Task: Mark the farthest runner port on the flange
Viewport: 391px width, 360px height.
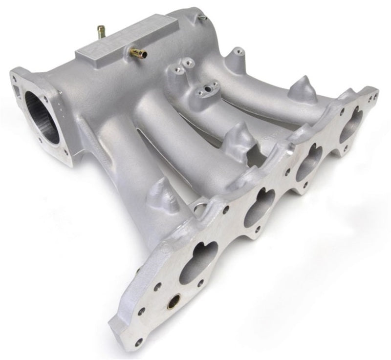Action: click(x=351, y=127)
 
